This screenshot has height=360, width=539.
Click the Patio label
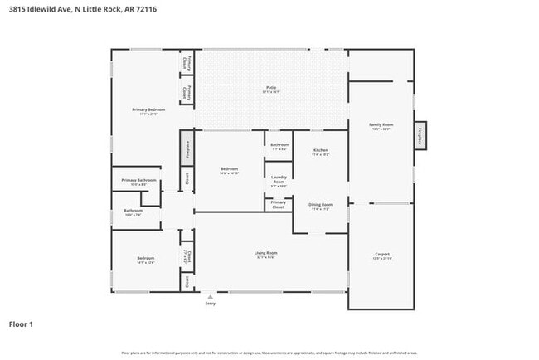tap(270, 86)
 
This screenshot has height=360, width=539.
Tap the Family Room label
tap(381, 125)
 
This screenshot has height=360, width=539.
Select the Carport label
tap(381, 255)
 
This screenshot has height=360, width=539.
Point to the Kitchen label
tap(321, 151)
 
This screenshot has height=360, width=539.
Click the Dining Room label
tap(321, 205)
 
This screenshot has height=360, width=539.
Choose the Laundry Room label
tap(279, 178)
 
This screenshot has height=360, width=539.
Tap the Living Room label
tap(265, 253)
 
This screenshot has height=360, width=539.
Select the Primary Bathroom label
tap(139, 181)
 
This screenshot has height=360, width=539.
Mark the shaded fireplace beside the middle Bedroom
tap(187, 148)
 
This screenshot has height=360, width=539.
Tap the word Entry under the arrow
tap(210, 304)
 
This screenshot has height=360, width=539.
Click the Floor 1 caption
tap(21, 324)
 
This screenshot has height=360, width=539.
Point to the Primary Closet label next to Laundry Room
tap(279, 204)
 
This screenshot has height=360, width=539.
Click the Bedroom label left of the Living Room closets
tap(145, 260)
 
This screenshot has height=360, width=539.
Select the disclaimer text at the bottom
tap(269, 353)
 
